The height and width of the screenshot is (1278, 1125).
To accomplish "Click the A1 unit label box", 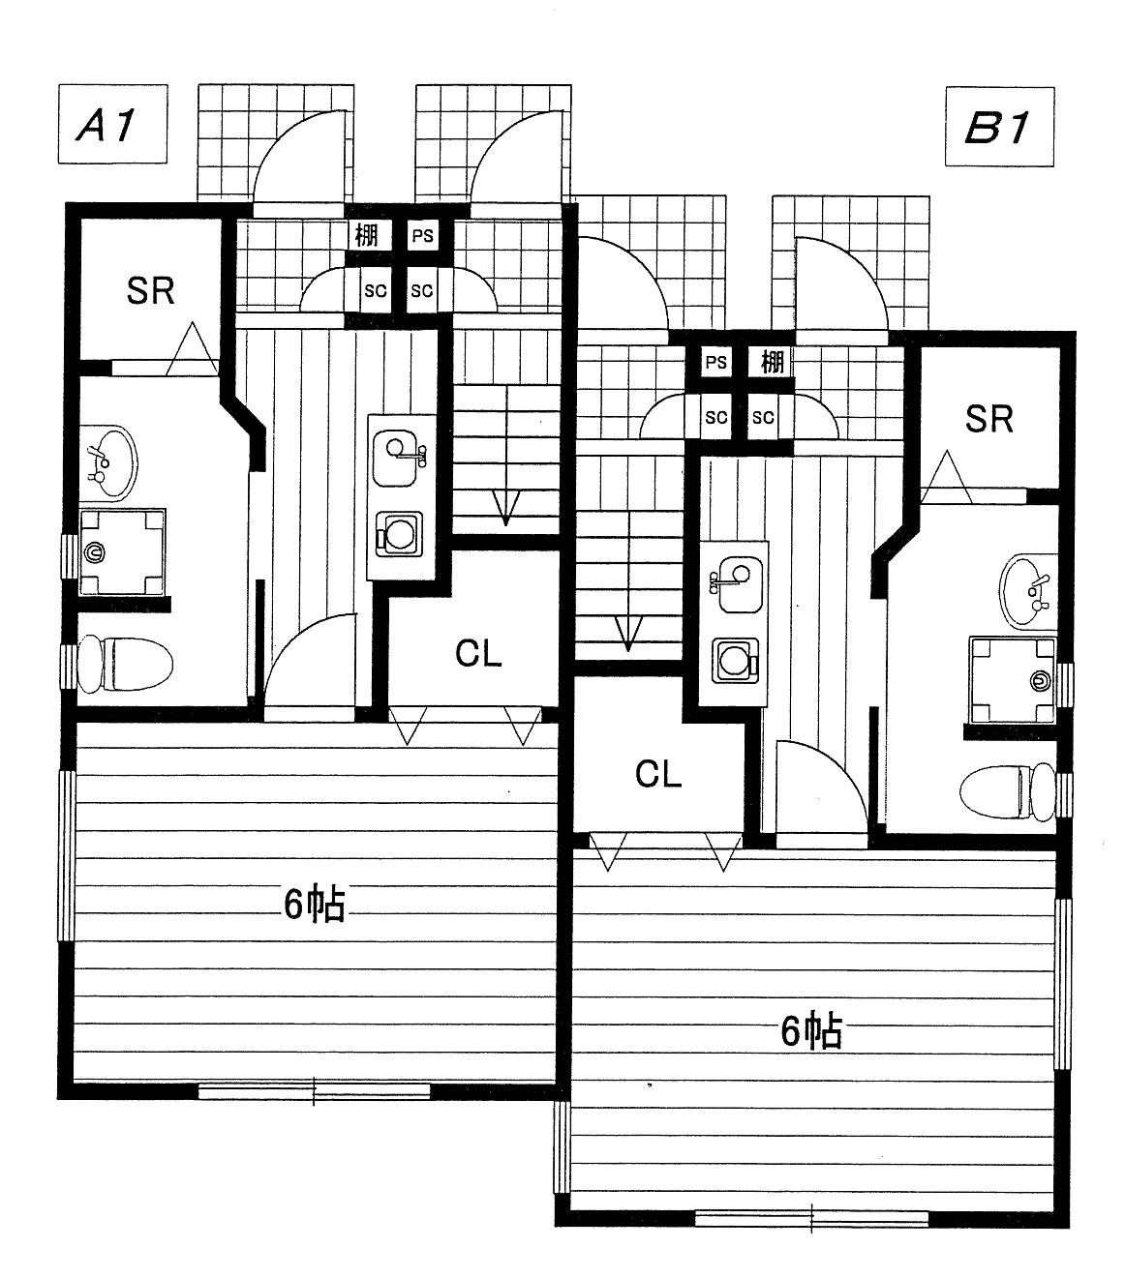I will [x=112, y=124].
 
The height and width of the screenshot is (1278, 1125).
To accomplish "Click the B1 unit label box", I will [x=999, y=127].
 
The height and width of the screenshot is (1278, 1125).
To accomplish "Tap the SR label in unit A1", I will [x=151, y=289].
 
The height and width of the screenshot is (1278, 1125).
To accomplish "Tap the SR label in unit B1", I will [x=988, y=418].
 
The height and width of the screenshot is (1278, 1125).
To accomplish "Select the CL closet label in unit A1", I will [x=479, y=654].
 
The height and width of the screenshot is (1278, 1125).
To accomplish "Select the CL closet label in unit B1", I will [x=658, y=773].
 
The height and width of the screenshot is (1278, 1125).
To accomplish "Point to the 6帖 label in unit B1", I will [x=811, y=1032].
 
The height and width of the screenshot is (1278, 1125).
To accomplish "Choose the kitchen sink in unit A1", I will [x=398, y=451].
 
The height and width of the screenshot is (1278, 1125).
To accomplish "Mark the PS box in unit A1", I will [x=422, y=235].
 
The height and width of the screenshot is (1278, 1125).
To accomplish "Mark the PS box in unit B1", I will [x=715, y=363].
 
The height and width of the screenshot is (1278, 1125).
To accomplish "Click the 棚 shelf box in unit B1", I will [x=772, y=363].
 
